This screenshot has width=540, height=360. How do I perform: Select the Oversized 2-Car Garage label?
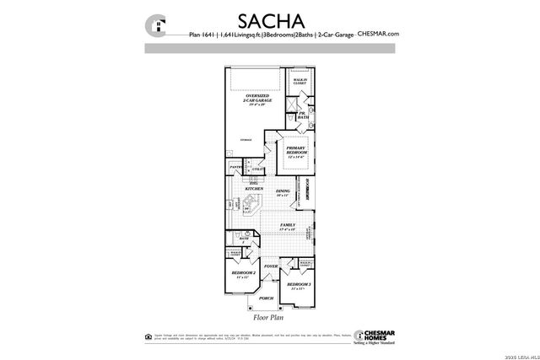pos(256,99)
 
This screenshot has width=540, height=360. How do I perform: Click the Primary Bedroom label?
pos(295,152)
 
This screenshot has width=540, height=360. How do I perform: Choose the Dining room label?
pos(283,193)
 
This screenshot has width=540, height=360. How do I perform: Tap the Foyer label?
pos(271,266)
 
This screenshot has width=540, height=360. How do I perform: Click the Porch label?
pos(267,298)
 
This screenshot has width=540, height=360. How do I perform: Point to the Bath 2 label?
pos(243,240)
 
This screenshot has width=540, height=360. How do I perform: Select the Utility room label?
pos(259,170)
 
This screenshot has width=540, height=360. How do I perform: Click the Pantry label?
pos(237,168)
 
